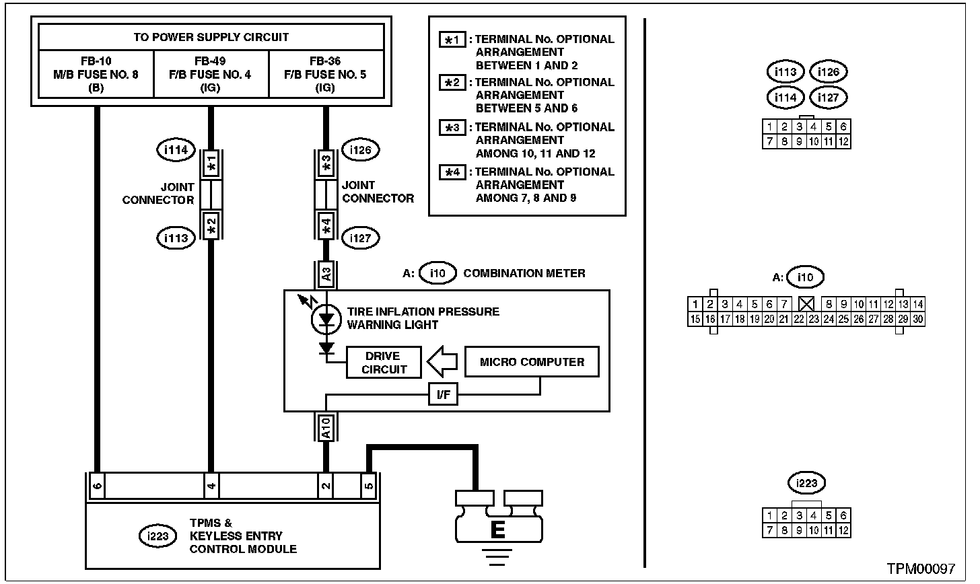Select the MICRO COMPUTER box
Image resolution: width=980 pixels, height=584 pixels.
coord(532,362)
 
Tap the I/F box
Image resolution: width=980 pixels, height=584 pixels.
coord(443,395)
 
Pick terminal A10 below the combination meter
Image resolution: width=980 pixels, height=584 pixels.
coord(326,427)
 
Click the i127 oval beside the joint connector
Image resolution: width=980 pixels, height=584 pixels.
coord(361,238)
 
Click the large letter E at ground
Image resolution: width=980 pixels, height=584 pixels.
coord(497,531)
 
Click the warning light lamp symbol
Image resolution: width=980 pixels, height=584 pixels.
coord(327,320)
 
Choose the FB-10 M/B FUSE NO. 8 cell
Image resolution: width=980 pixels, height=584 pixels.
coord(96,74)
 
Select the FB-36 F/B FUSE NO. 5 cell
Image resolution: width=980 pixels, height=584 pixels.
coord(326,74)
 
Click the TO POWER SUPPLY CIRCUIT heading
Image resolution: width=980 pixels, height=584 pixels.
coord(211,37)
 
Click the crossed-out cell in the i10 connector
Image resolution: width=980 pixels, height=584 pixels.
coord(806,304)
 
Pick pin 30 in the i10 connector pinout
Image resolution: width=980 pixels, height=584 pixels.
coord(917,320)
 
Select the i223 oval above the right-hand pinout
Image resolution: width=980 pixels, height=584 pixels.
coord(806,483)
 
